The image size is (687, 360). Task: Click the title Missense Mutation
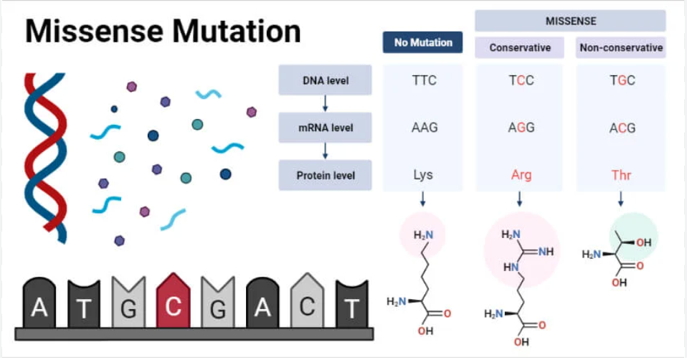[164, 32]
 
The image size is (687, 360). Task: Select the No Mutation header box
[423, 42]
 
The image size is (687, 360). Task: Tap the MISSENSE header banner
[570, 20]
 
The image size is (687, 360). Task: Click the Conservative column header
[520, 48]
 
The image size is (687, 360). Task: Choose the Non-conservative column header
[620, 48]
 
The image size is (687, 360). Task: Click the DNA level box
[325, 80]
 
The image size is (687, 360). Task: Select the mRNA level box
[325, 128]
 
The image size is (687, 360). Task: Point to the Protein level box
[325, 175]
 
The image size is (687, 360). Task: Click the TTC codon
[424, 80]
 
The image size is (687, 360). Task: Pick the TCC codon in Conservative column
[521, 80]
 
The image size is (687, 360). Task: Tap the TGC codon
[620, 80]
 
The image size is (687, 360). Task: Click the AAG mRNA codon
[424, 128]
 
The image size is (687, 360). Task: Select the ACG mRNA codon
[620, 128]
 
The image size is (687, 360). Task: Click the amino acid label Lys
[423, 175]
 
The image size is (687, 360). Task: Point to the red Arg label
[521, 175]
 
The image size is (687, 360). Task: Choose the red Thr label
[620, 175]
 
